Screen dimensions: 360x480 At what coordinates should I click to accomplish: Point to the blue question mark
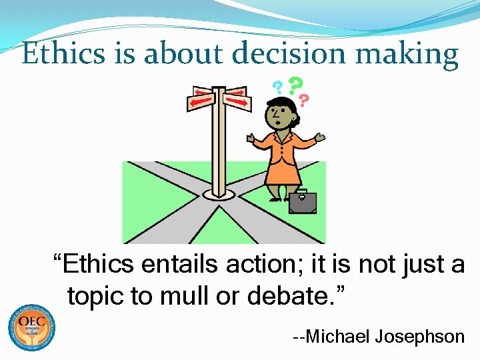[x=277, y=87]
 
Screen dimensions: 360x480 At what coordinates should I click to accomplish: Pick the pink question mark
[x=304, y=101]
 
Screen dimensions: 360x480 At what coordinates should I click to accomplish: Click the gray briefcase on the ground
[x=302, y=202]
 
